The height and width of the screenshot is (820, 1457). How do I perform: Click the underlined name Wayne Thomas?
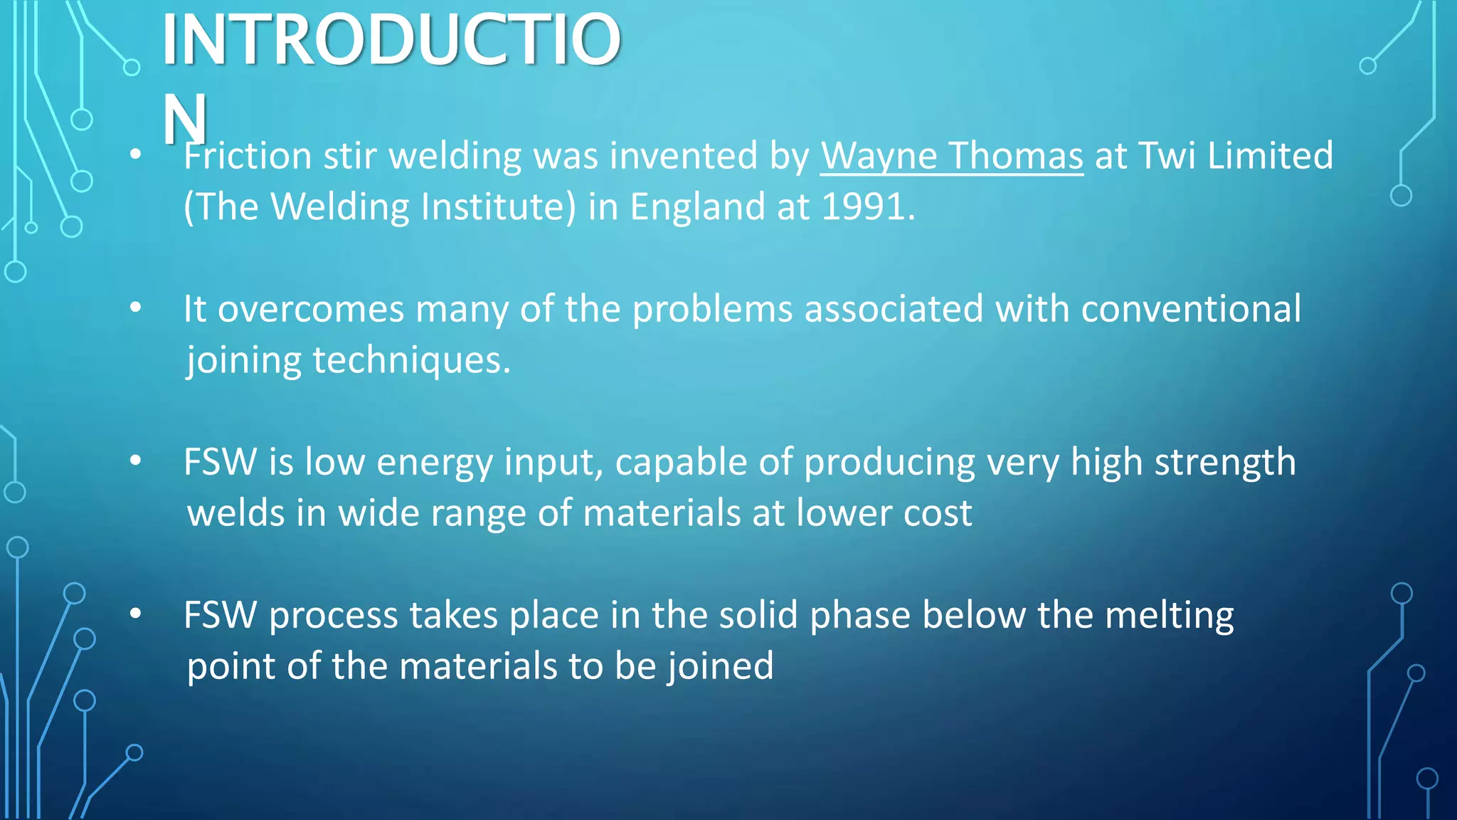click(x=951, y=155)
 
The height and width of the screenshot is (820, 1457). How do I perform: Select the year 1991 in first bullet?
click(x=863, y=206)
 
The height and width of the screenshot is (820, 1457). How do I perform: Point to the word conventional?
click(x=1190, y=309)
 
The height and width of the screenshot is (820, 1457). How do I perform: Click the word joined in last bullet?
click(x=720, y=667)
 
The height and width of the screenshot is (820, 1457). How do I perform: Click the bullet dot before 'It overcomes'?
click(x=136, y=308)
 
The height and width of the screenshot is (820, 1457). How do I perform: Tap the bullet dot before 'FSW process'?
click(x=136, y=614)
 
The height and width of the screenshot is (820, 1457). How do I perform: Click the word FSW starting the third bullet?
click(x=220, y=462)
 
